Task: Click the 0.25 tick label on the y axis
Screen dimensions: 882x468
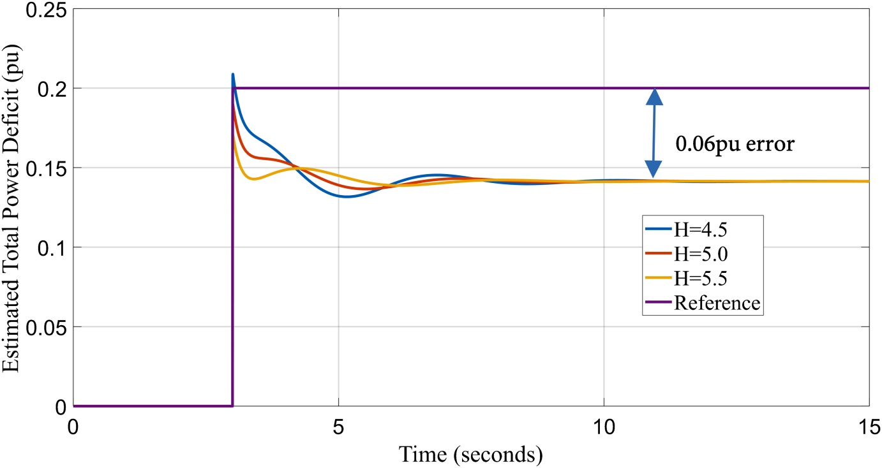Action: coord(47,10)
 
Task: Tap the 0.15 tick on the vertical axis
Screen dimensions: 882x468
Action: coord(47,169)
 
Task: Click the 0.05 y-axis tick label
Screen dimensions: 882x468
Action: coord(47,328)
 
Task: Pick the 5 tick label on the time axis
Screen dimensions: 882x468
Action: coord(338,427)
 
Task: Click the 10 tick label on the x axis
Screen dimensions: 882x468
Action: coord(604,427)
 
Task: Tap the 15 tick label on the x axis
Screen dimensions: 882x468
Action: coord(869,427)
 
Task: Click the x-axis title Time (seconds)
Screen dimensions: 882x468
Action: coord(471,455)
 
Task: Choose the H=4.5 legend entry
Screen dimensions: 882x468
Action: coord(686,230)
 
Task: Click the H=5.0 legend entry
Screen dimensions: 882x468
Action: coord(686,254)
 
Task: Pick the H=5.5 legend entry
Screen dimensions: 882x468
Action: coord(686,278)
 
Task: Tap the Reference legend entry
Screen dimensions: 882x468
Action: coord(703,302)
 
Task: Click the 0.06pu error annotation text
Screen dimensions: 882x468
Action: coord(735,143)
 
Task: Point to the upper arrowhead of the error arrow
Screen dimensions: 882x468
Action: coord(654,96)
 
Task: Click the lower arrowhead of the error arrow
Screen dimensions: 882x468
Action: coord(654,170)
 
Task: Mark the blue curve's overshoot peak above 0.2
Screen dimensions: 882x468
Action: coord(233,74)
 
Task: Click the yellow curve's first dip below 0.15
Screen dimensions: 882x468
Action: coord(254,179)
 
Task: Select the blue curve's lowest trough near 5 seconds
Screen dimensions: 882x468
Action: coord(347,196)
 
